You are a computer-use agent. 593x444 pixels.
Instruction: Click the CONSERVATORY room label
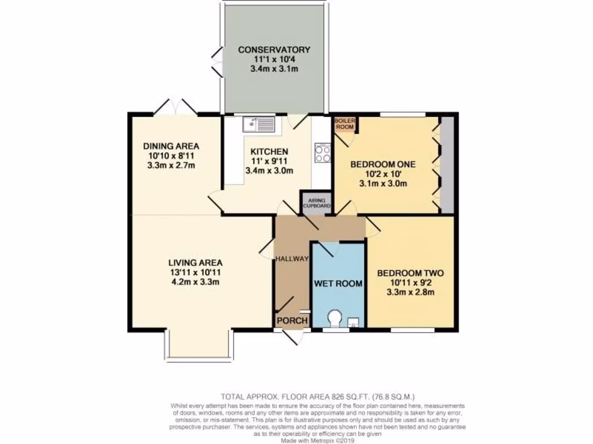click(x=274, y=50)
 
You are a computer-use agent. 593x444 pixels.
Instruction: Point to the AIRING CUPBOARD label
click(x=316, y=202)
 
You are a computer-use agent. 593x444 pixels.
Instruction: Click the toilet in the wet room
click(x=335, y=319)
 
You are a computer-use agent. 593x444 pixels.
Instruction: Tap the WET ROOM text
click(x=338, y=283)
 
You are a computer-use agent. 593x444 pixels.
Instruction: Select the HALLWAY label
click(x=292, y=258)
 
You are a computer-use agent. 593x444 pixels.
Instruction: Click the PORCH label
click(x=291, y=321)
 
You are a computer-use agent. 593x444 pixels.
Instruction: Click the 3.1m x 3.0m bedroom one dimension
click(x=379, y=184)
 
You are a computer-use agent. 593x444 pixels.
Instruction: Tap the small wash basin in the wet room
click(x=353, y=322)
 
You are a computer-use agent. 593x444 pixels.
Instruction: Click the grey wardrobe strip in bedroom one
click(x=446, y=165)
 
